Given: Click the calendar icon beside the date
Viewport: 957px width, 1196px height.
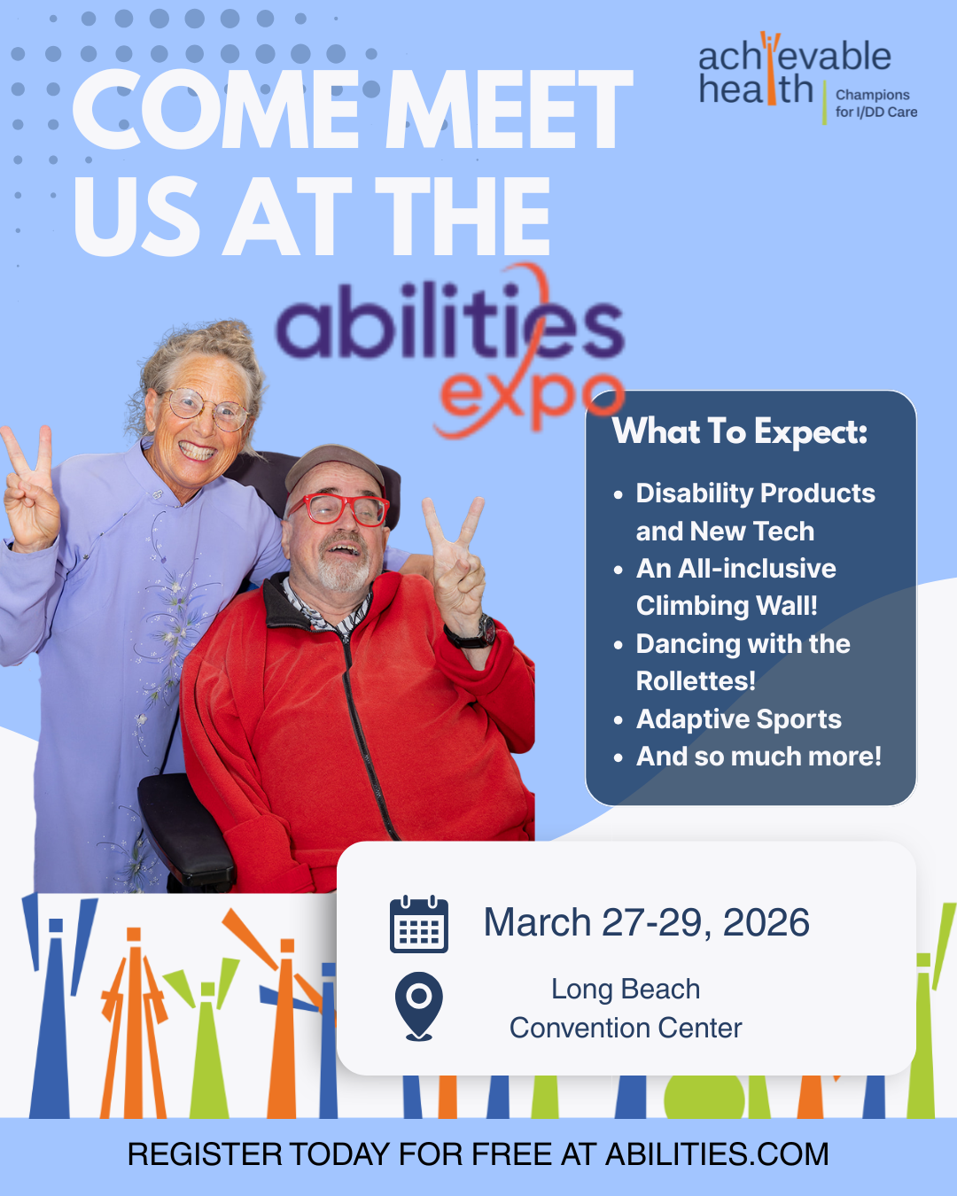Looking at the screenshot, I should coord(419,925).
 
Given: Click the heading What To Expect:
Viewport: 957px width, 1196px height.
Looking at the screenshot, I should coord(740,431).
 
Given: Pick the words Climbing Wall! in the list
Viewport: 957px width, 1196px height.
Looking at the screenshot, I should coord(727,606).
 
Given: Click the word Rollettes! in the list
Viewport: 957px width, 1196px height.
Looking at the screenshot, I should coord(696,681).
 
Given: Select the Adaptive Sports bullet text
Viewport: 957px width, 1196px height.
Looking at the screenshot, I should coord(738,719).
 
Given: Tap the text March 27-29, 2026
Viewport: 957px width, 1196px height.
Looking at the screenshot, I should coord(646,923).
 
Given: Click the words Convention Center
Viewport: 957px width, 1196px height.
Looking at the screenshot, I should coord(626,1028).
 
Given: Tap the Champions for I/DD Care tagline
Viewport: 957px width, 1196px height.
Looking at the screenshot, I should coord(875,104).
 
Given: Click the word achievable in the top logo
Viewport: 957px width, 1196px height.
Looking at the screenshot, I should coord(794,57).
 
